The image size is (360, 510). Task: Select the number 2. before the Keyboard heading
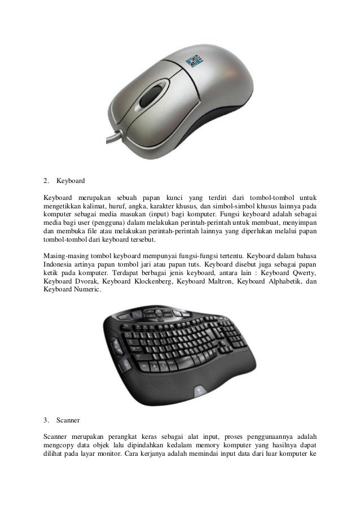47,182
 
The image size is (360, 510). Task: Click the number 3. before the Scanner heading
47,420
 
